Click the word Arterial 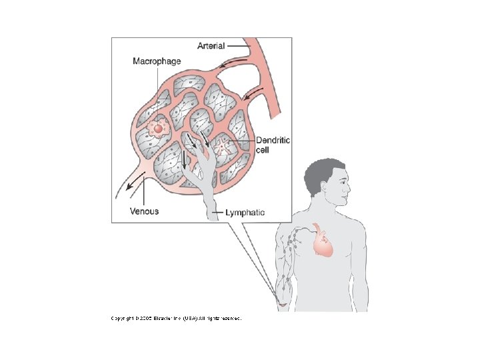click(211, 45)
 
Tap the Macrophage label click(157, 61)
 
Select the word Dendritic click(273, 141)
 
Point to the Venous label click(144, 211)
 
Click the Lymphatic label click(244, 213)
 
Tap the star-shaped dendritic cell click(221, 143)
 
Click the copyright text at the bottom click(176, 319)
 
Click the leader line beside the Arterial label click(237, 46)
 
